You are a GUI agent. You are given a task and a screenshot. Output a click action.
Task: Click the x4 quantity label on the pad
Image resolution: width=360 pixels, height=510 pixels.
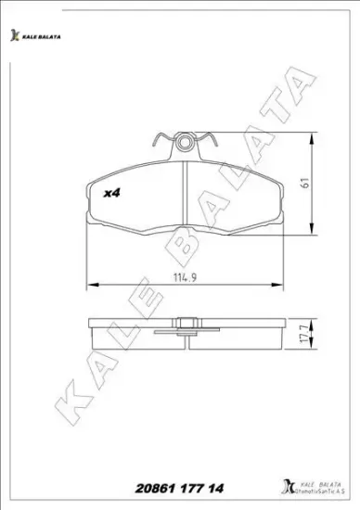coord(112,193)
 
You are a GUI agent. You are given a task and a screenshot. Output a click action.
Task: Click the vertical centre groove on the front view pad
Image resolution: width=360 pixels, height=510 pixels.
coord(186,190)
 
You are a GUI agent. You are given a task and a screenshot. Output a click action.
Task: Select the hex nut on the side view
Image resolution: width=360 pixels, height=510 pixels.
coord(186,325)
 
